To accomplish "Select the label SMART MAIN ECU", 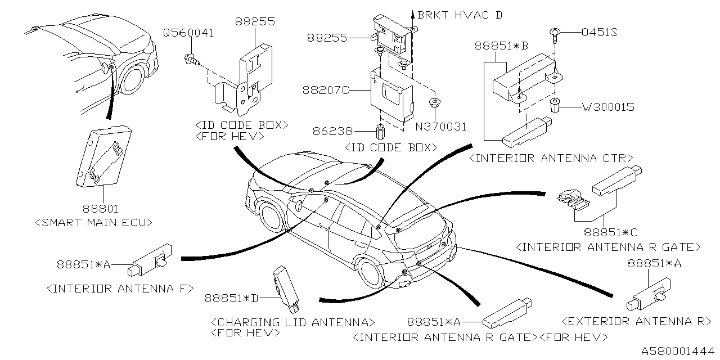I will [93, 222].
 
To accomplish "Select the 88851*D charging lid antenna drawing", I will [285, 289].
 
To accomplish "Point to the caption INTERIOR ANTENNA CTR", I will [551, 158].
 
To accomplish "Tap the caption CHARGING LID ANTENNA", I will [292, 322].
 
